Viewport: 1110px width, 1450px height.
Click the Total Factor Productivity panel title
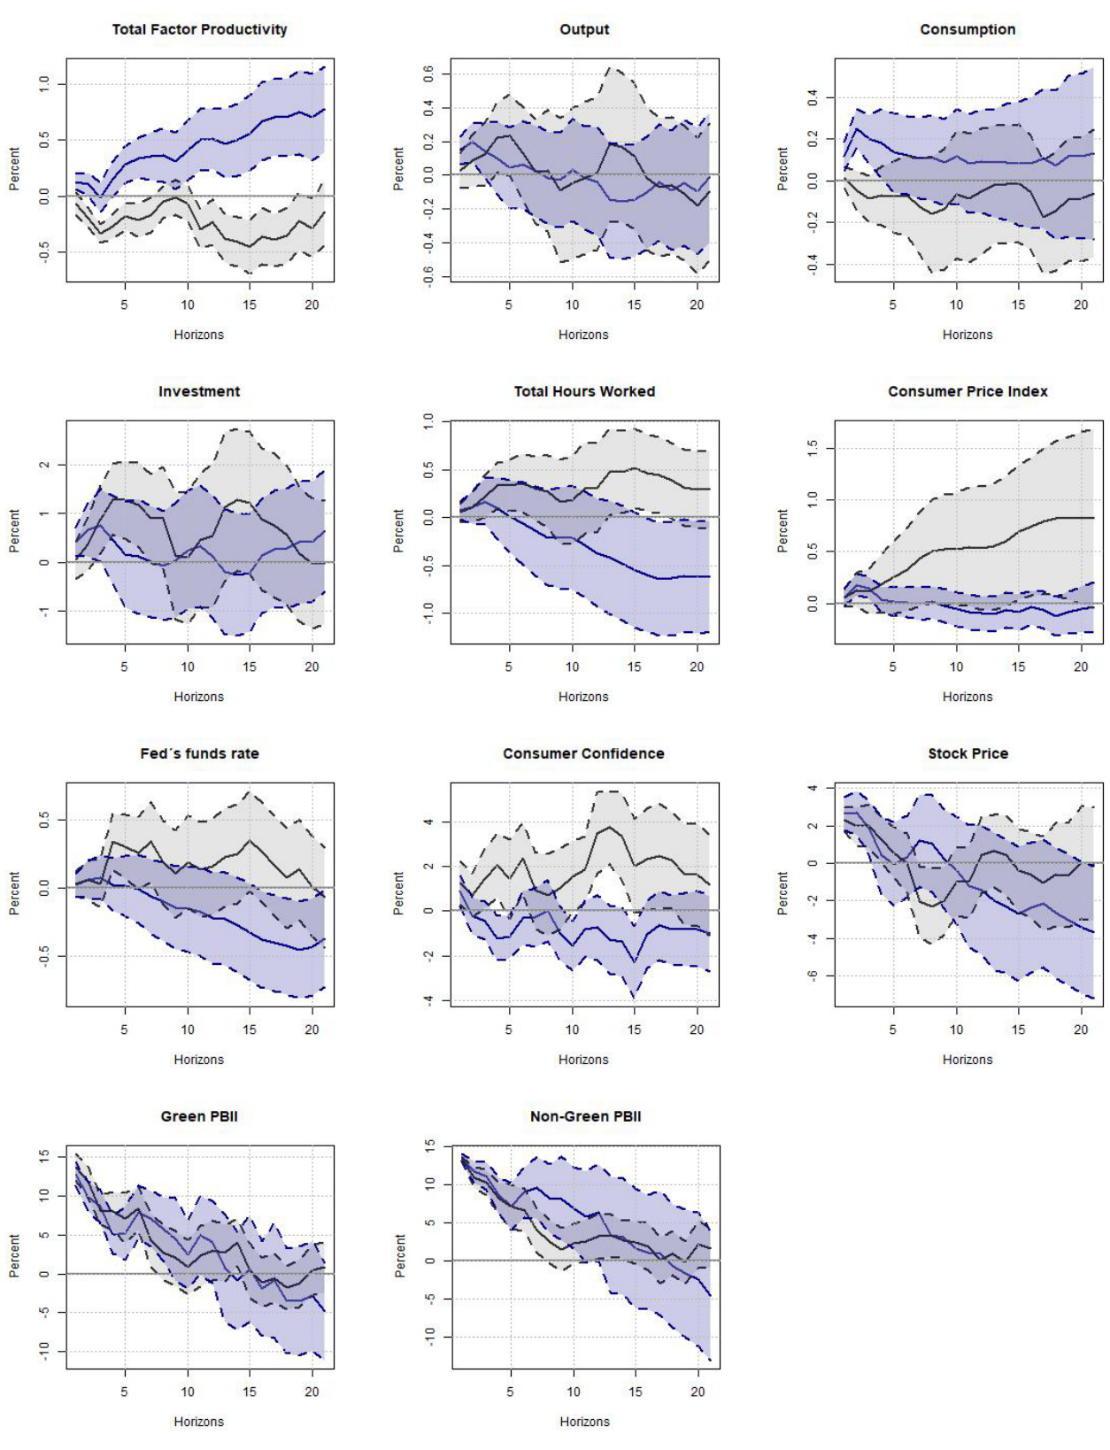click(199, 29)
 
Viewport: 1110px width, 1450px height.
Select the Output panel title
click(584, 29)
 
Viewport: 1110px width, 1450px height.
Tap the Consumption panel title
click(967, 29)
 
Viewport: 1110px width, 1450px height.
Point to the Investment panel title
click(199, 391)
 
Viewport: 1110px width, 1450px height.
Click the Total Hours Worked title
click(584, 391)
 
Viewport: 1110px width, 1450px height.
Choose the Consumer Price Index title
click(967, 391)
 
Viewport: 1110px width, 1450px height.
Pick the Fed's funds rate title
click(199, 753)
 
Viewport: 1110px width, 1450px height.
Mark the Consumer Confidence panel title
click(583, 753)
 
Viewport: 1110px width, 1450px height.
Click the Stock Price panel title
click(967, 753)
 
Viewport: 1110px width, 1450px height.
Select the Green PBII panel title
click(199, 1116)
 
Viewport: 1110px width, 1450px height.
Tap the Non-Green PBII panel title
click(585, 1116)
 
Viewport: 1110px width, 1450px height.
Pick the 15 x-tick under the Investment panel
click(250, 667)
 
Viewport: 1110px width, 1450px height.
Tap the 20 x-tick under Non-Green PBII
click(698, 1392)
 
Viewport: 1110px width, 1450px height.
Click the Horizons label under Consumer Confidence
click(583, 1060)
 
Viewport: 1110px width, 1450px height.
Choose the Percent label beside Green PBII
click(14, 1255)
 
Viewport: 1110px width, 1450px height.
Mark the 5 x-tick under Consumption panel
click(892, 305)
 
